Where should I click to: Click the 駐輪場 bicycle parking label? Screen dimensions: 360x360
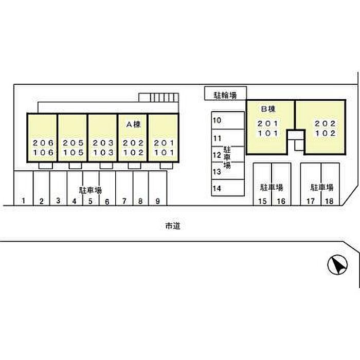click(x=225, y=95)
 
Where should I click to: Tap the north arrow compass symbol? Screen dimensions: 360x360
click(x=337, y=265)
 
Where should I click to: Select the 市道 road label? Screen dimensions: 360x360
click(x=173, y=226)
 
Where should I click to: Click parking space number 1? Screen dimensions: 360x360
click(x=23, y=201)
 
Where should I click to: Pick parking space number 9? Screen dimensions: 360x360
click(x=157, y=201)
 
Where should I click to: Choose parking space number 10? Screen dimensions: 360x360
click(x=217, y=120)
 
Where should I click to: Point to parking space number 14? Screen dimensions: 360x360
click(x=217, y=188)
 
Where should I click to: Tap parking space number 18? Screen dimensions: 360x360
click(x=329, y=201)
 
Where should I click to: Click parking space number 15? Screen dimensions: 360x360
click(x=262, y=201)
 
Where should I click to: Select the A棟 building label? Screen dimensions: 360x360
click(x=133, y=124)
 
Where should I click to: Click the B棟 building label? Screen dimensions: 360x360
click(x=268, y=109)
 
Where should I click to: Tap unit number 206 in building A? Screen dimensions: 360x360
click(x=43, y=143)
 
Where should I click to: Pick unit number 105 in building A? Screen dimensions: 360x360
click(x=73, y=152)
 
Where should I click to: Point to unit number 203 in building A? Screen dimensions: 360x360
click(x=103, y=143)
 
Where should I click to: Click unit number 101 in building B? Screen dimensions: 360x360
click(x=268, y=133)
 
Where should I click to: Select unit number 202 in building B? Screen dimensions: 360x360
click(x=325, y=123)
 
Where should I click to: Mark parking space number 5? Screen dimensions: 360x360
click(x=90, y=201)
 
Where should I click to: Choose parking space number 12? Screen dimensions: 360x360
click(x=217, y=155)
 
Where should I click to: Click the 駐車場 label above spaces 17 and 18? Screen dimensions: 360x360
click(x=321, y=187)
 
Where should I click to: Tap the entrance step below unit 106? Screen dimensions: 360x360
click(x=46, y=166)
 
